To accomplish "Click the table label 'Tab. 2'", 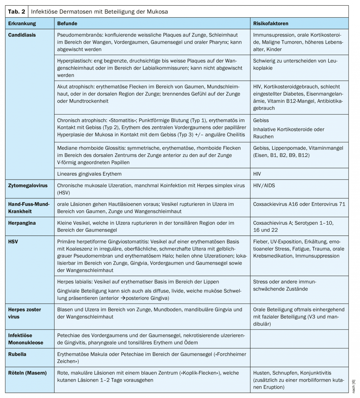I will click(16, 12).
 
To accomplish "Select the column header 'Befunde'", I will click(67, 24).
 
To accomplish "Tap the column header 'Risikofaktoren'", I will click(271, 24).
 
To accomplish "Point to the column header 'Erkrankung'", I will click(22, 24).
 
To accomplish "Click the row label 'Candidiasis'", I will click(22, 35).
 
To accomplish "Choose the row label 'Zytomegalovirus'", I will click(28, 185).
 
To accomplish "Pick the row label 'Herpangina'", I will click(22, 223).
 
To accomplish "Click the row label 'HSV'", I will click(13, 241).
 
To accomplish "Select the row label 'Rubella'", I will click(17, 354).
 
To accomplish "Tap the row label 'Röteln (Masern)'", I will click(27, 373).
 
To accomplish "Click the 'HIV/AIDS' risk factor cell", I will click(264, 185).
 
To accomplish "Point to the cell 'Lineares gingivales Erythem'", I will click(89, 174).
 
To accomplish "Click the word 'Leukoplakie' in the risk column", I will click(263, 68).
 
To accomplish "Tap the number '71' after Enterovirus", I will click(342, 204).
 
